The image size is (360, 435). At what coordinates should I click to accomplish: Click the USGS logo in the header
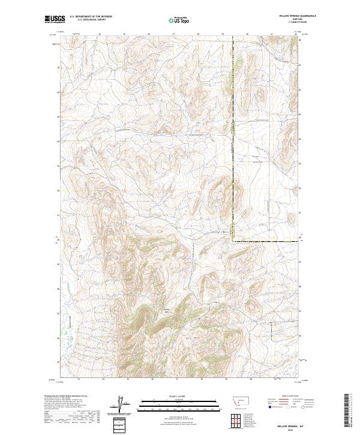55,20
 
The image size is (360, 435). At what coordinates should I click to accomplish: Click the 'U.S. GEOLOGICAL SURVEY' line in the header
91,20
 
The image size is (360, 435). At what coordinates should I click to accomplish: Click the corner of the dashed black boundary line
233,241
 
